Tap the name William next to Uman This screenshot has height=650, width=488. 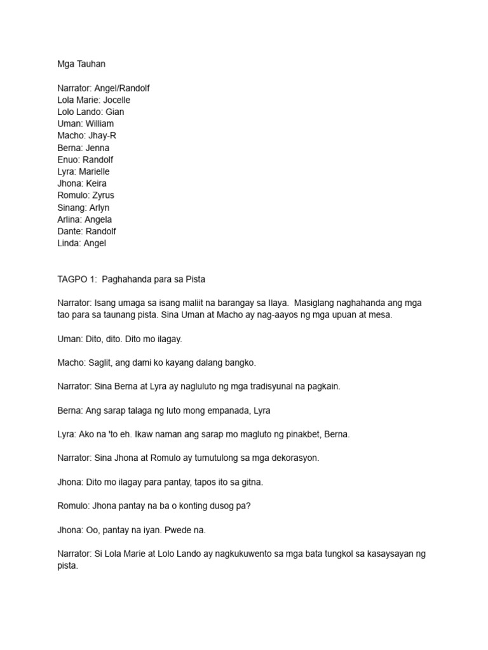tap(100, 124)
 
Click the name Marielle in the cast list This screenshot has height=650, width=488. tap(93, 171)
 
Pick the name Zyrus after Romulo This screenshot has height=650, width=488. tap(102, 196)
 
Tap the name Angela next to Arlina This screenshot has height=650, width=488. tap(98, 220)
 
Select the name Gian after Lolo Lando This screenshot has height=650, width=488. tap(114, 112)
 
